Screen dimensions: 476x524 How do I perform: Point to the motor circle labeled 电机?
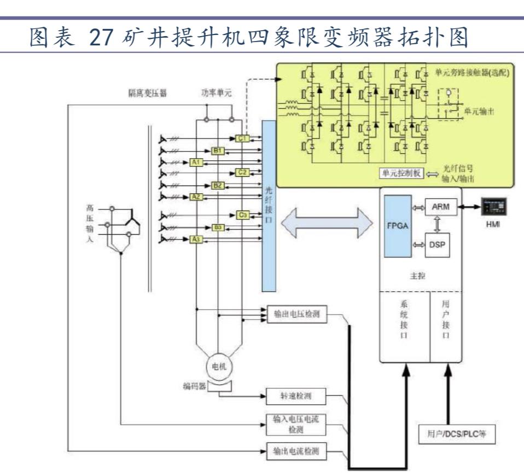tap(219, 367)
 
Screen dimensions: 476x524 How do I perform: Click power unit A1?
tap(196, 162)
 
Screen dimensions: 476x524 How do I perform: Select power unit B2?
tap(218, 185)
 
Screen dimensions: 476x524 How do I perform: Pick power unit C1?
tap(243, 139)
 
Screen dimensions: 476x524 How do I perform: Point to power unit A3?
tap(196, 239)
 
